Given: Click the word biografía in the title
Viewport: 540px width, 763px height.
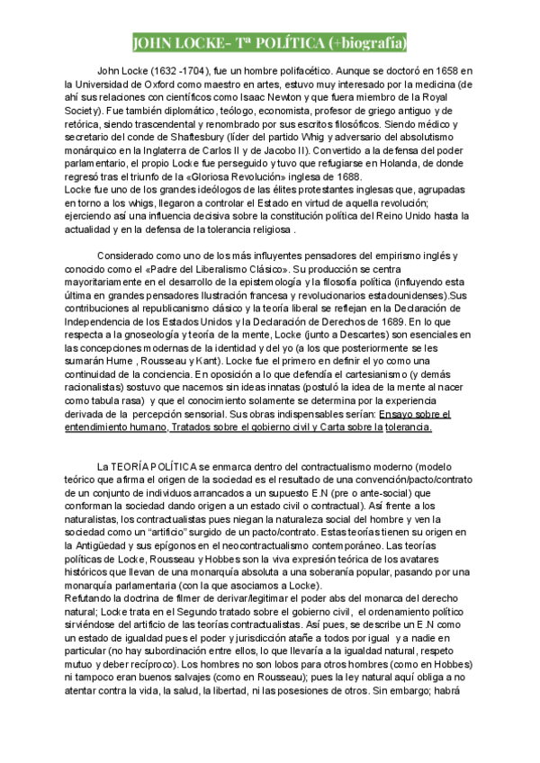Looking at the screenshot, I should click(x=371, y=42).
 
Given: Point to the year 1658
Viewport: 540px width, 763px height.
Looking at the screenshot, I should click(x=460, y=70).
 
